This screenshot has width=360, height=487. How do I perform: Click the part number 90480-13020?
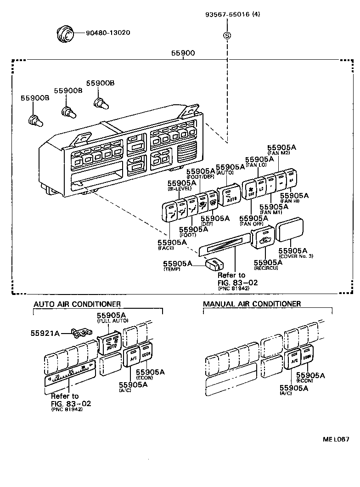click(x=108, y=33)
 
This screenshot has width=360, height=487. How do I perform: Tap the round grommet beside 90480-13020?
click(x=65, y=34)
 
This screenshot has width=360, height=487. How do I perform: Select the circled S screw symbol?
click(x=226, y=35)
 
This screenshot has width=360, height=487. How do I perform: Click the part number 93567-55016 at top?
click(x=232, y=14)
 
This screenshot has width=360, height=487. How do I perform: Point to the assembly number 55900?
click(x=184, y=53)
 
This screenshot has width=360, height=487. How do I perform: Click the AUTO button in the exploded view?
click(x=228, y=195)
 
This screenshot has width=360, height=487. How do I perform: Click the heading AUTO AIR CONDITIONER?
click(x=77, y=304)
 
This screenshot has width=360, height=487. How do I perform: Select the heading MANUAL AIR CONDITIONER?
click(x=252, y=304)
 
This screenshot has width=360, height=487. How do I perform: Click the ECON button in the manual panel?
click(x=307, y=357)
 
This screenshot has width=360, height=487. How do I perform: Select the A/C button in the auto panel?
click(x=131, y=358)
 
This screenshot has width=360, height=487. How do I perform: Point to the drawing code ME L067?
click(x=336, y=439)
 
